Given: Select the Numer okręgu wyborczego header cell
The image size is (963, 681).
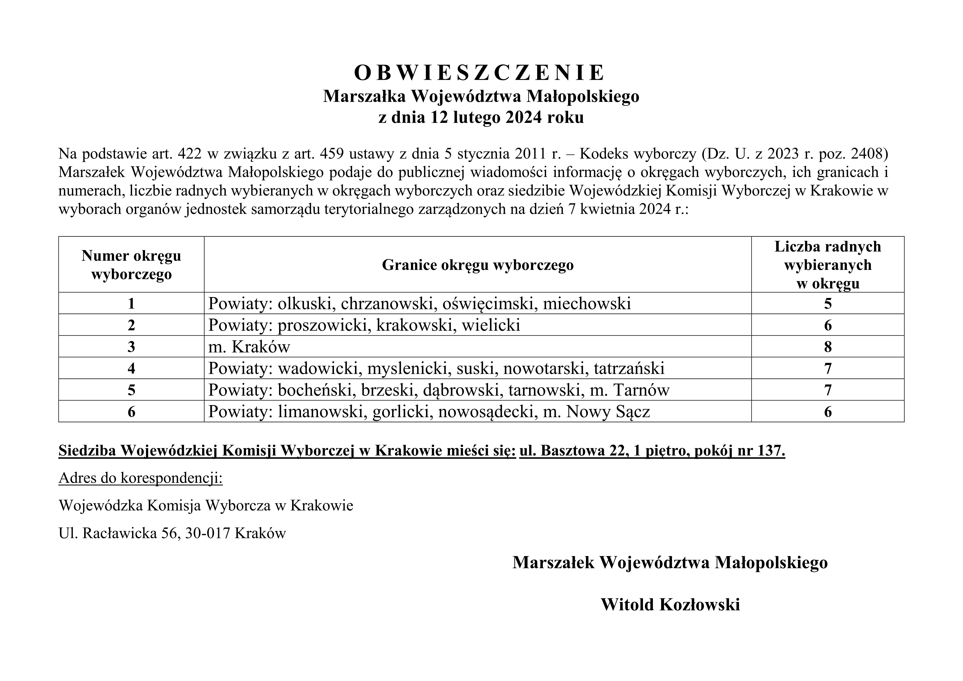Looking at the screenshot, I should tap(131, 265).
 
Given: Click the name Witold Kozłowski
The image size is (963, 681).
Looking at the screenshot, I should tap(670, 605).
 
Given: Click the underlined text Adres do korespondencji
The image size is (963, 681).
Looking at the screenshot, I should tap(140, 478).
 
